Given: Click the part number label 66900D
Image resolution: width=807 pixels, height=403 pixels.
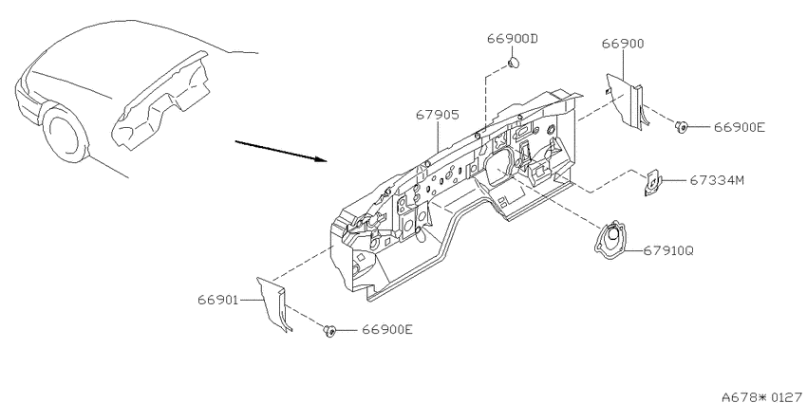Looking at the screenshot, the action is [x=513, y=39].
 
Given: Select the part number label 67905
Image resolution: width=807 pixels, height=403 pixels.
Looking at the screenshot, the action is [x=438, y=115].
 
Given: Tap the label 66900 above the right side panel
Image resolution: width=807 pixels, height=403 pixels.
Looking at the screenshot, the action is [x=623, y=44].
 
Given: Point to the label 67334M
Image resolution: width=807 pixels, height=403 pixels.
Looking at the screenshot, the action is [x=717, y=180].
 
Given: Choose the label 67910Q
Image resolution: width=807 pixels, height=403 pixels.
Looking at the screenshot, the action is [x=668, y=251].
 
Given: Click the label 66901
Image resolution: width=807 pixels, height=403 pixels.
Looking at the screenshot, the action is [x=218, y=300].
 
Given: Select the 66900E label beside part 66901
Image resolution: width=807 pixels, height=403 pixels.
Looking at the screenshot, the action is [x=387, y=329].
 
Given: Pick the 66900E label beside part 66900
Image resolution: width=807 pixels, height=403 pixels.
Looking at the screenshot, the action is [x=739, y=127].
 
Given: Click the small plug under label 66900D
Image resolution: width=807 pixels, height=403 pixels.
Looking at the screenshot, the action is [x=513, y=64].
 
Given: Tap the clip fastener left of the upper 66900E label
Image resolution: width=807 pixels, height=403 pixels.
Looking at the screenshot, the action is [x=682, y=126].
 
